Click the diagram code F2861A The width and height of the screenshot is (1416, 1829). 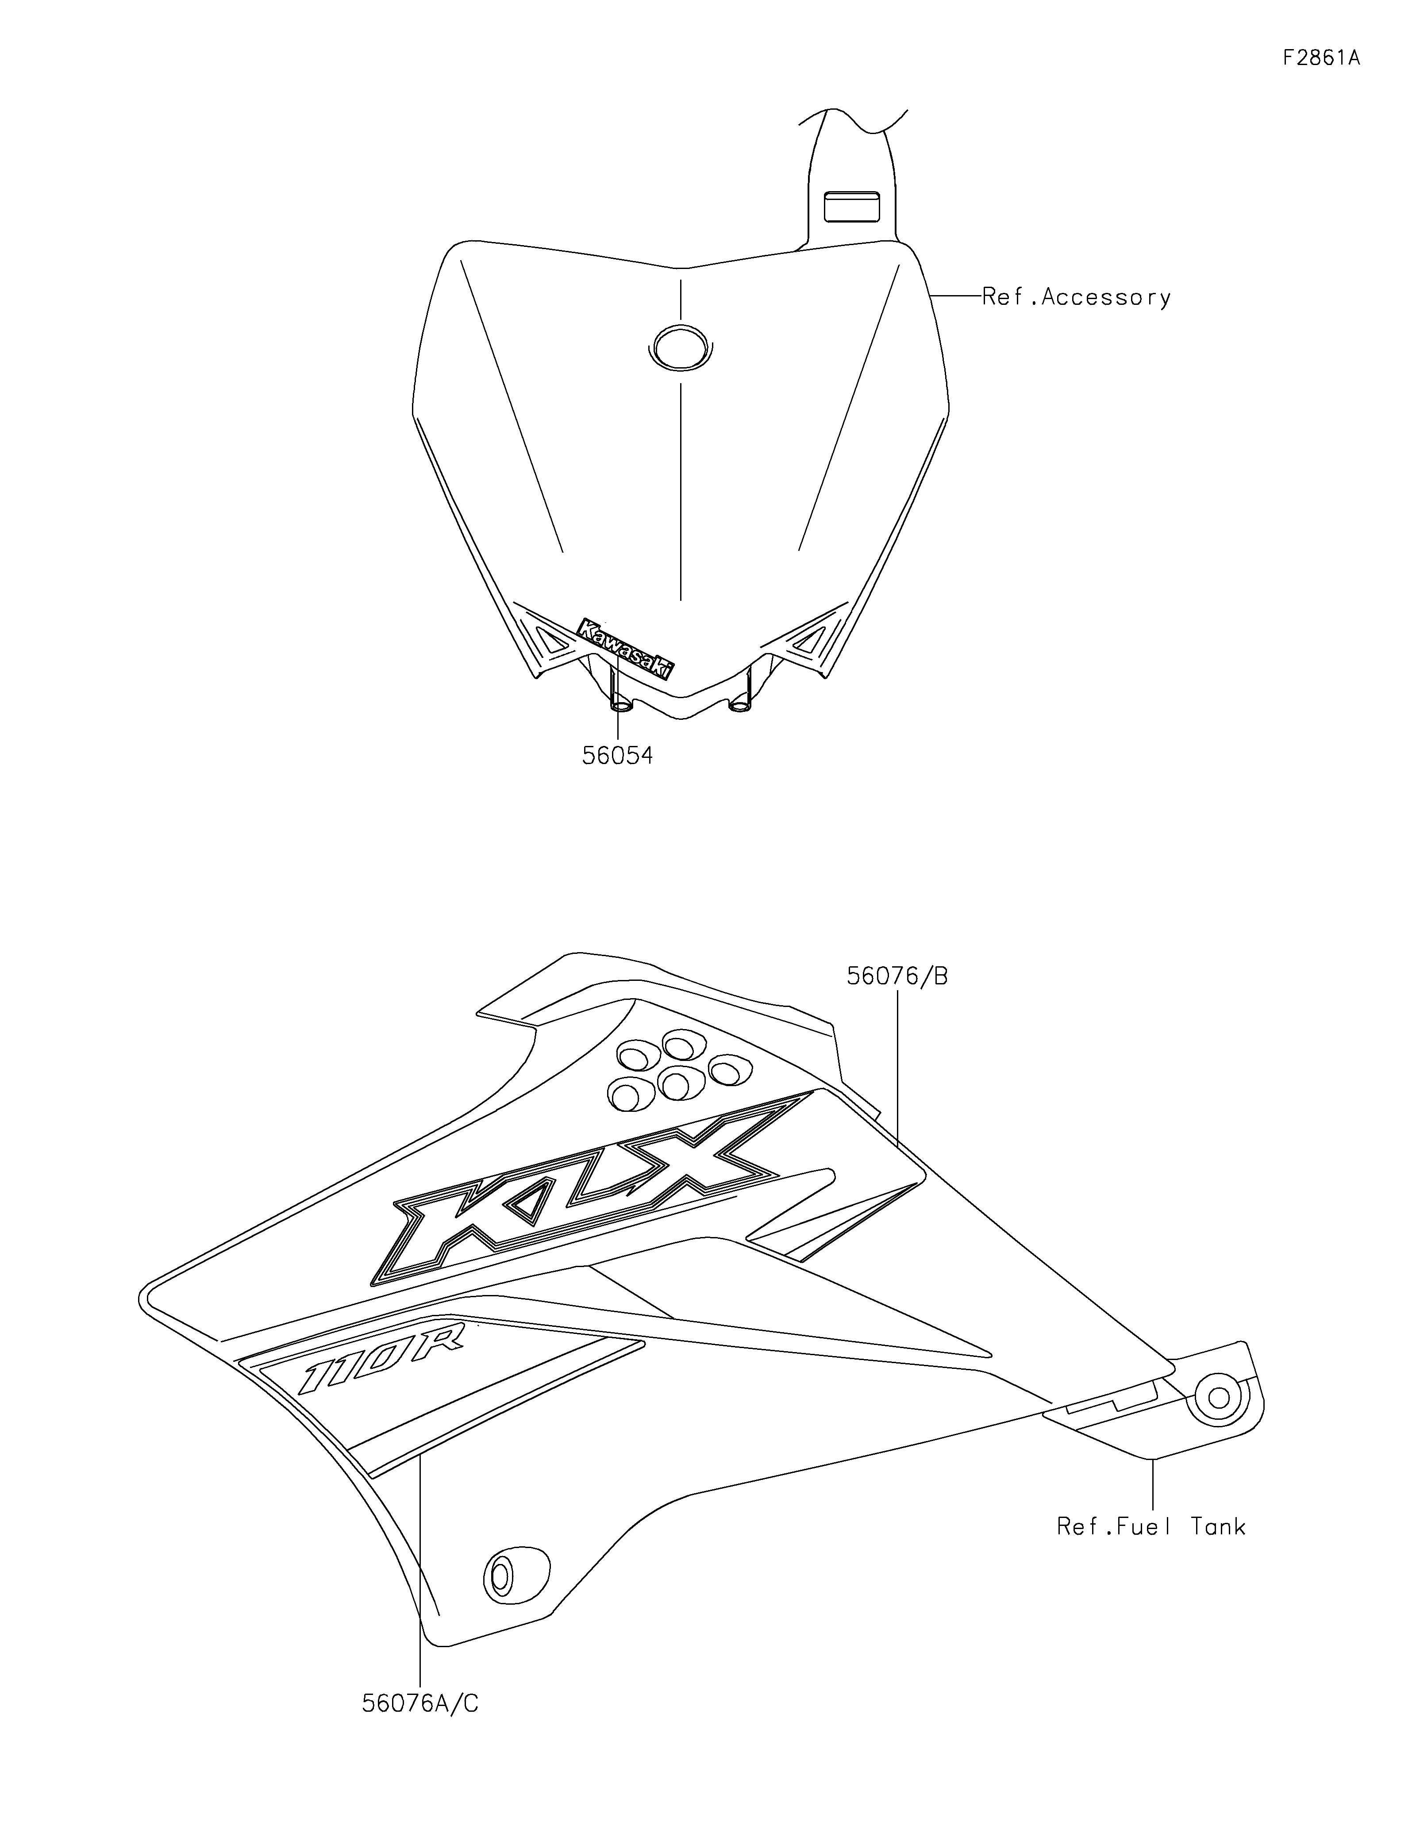point(1320,58)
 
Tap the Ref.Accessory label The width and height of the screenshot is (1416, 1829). point(1076,297)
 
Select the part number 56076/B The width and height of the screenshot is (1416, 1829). point(898,976)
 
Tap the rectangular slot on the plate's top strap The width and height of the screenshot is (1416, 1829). point(852,206)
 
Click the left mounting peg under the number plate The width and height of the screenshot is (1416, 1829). point(621,702)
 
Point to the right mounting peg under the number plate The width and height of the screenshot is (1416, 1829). point(740,702)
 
